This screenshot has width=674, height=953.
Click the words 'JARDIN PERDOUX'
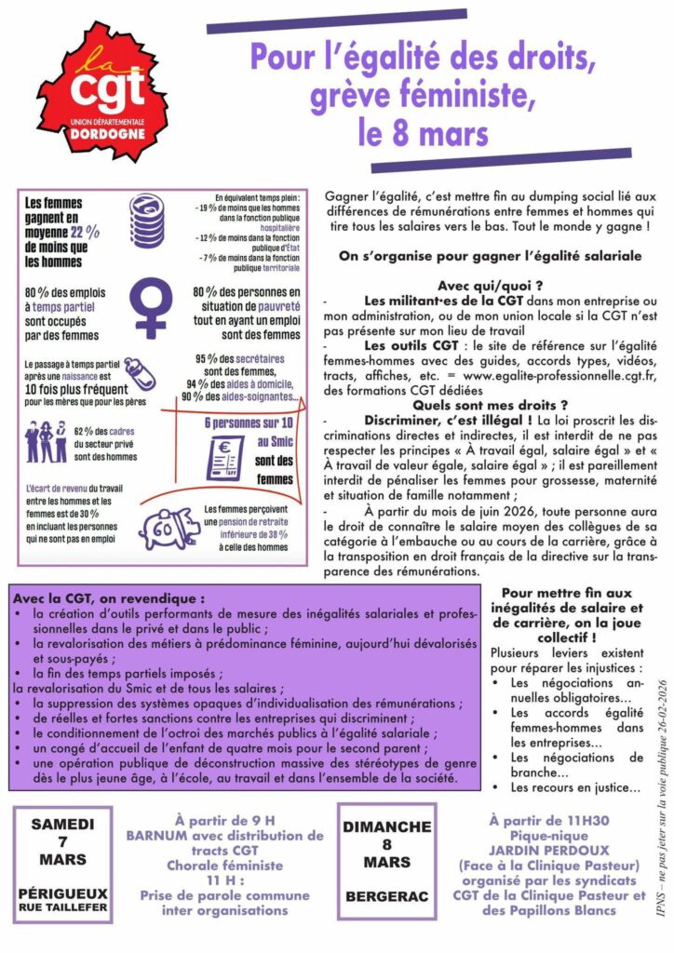(x=546, y=849)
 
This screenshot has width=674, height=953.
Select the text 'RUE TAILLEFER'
(x=62, y=906)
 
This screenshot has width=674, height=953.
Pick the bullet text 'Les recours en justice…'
(x=574, y=787)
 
